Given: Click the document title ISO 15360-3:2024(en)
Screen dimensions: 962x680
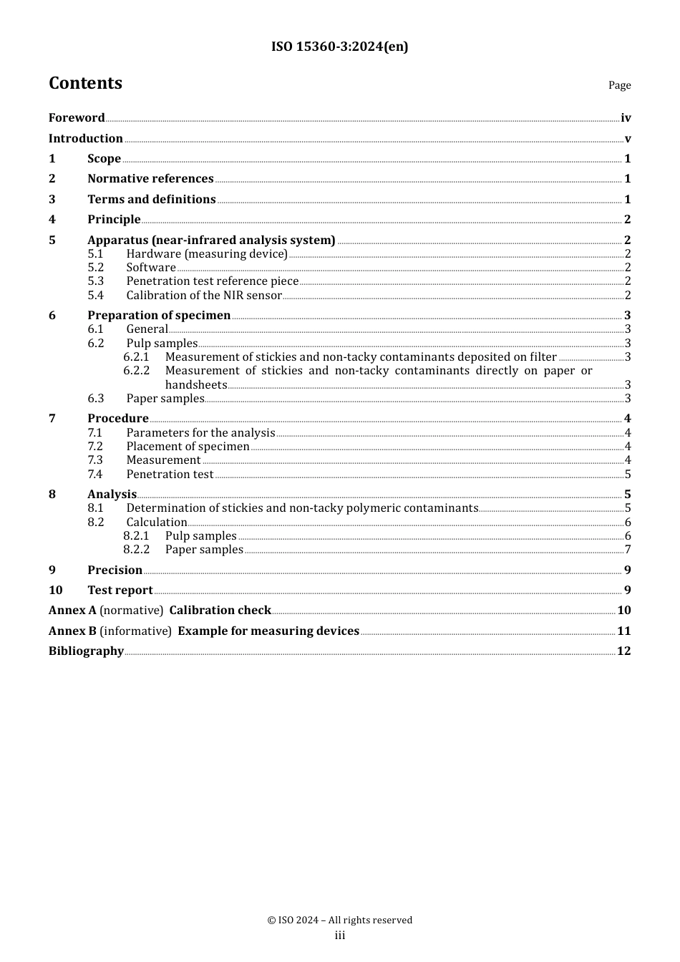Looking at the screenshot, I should point(339,47).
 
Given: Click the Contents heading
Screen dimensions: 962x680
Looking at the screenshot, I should point(85,83).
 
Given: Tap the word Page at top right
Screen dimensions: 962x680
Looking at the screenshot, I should point(619,85).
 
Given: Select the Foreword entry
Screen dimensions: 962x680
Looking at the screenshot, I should point(77,118).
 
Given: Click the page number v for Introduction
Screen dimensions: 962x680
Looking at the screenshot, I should point(628,139).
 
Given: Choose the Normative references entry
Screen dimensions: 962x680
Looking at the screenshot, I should point(150,179).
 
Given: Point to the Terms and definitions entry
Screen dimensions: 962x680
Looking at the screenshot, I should point(151,200).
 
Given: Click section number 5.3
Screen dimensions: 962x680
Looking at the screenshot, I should point(96,281).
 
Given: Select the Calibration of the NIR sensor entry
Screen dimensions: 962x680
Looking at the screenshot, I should point(204,296).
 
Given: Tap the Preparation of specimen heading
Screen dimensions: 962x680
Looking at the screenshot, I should point(159,316).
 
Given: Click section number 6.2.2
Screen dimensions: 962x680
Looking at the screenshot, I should point(136,371).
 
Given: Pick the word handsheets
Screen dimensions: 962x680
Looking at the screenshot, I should point(195,385).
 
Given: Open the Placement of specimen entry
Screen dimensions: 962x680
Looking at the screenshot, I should point(188,447).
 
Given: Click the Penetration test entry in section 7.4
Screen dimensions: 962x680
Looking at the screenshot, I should point(170,475).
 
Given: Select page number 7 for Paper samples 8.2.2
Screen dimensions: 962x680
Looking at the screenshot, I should point(628,550).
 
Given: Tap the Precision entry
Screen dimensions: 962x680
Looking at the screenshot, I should point(115,570).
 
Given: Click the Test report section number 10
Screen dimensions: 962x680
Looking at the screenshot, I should point(56,591).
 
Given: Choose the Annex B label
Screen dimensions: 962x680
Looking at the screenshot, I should point(72,631).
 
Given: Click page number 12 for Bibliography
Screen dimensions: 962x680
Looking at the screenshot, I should point(624,651).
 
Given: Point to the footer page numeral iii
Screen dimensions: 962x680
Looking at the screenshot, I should point(340,936).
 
